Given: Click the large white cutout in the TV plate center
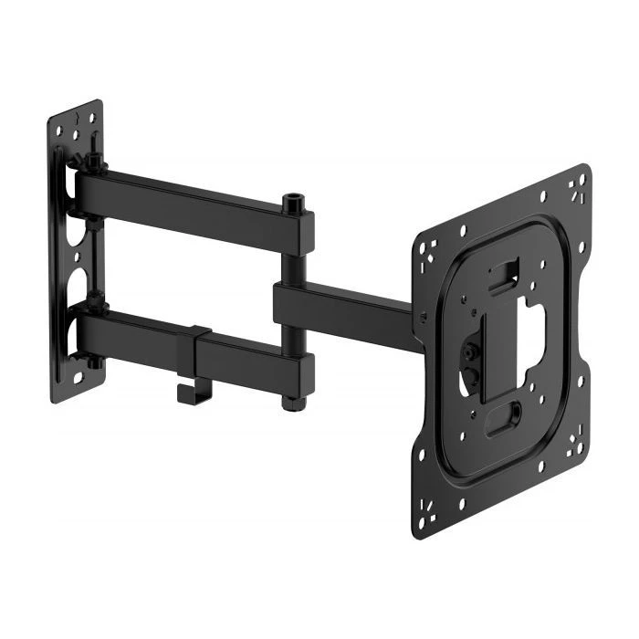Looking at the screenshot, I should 529,324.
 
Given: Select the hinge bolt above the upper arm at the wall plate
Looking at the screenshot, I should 93,162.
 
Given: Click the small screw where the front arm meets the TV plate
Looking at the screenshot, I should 422,318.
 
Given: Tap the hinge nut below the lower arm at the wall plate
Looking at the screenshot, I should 94,361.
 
